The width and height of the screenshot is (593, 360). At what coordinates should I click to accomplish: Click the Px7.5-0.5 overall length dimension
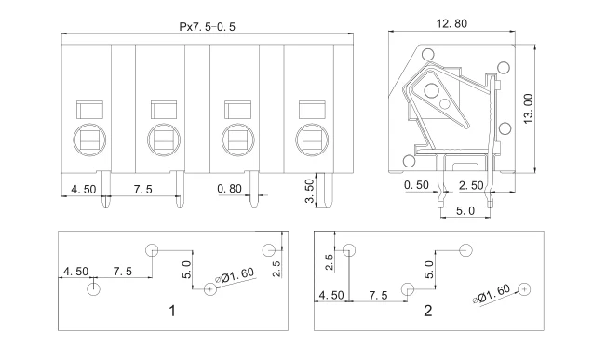pos(207,27)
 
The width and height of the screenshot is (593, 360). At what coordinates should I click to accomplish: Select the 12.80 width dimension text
pos(451,24)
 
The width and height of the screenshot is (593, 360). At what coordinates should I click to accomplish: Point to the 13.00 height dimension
pos(528,109)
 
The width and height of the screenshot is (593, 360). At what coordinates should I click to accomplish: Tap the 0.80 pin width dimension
pos(229,188)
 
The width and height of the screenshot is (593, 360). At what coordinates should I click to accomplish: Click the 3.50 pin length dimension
pos(309,191)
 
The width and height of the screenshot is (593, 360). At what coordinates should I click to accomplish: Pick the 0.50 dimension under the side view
pos(416,185)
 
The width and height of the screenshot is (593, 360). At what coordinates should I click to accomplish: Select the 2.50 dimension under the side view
pos(471,185)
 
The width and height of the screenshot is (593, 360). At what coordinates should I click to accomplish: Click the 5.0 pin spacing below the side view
pos(465,211)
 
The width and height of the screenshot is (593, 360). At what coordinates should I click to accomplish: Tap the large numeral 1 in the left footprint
pos(172,311)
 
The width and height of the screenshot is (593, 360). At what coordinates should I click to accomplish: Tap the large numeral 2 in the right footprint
pos(427,311)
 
